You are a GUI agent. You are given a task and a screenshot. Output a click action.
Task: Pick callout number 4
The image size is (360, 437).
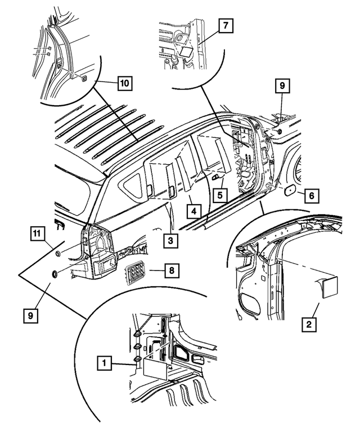(193, 211)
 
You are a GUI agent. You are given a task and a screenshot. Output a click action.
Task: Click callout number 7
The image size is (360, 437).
(224, 26)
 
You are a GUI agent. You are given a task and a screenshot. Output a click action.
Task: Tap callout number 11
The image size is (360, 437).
(37, 232)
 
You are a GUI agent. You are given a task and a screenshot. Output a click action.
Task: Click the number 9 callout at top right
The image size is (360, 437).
(281, 85)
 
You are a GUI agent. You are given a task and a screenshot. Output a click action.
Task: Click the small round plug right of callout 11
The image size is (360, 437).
(57, 255)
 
